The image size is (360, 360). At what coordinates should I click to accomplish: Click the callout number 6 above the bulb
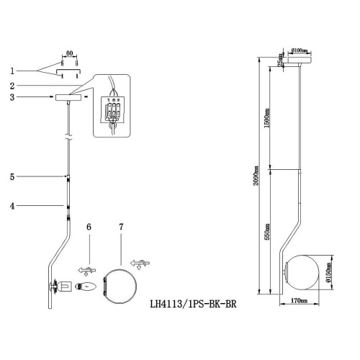coord(89,227)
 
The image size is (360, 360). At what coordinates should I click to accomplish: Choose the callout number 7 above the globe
coord(121,227)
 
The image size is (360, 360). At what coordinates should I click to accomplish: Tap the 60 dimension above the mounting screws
coord(70,53)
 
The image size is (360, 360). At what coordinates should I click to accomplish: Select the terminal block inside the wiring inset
coord(112,112)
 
